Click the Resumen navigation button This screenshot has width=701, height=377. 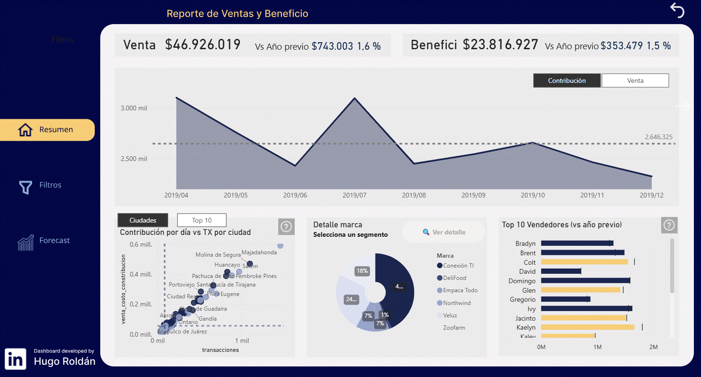(47, 130)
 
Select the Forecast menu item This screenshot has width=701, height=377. (54, 241)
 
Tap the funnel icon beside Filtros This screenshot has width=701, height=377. (25, 187)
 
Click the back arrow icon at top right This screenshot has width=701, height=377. (677, 10)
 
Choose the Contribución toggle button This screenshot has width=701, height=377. (566, 81)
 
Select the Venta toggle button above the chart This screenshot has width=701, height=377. (635, 81)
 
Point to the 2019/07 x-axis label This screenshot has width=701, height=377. (355, 195)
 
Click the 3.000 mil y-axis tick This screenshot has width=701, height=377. (134, 108)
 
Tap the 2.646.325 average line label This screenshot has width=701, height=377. (658, 137)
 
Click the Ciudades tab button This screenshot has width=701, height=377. (143, 220)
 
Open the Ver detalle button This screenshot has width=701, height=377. (444, 232)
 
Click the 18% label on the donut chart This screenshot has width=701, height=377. (362, 271)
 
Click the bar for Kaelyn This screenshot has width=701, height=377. (587, 327)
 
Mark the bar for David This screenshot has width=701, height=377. (561, 271)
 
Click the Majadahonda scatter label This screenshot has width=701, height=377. (259, 252)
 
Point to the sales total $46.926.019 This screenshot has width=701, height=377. (203, 45)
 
